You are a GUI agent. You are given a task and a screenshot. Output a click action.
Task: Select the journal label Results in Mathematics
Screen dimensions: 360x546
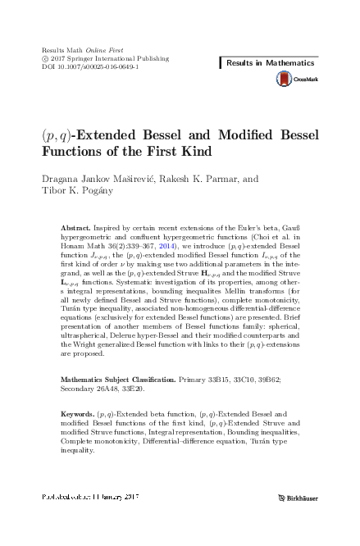[x=270, y=63]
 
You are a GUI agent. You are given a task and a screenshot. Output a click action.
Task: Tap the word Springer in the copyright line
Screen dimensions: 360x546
[x=89, y=59]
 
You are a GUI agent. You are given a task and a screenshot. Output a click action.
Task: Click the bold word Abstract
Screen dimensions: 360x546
[x=78, y=225]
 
